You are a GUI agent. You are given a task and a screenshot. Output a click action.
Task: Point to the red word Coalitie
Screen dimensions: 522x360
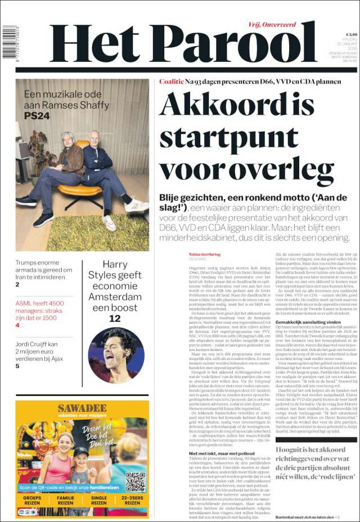pyautogui.click(x=171, y=82)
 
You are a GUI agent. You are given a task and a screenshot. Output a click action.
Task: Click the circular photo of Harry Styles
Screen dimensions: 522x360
pyautogui.click(x=116, y=355)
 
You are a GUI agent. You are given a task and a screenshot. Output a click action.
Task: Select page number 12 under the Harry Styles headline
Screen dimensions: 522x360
pyautogui.click(x=115, y=318)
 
